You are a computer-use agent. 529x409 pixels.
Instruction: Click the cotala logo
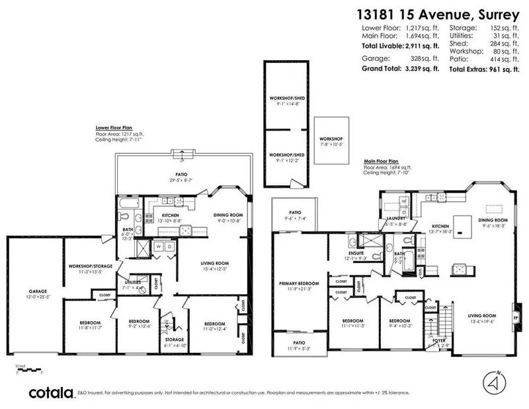[50, 393]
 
